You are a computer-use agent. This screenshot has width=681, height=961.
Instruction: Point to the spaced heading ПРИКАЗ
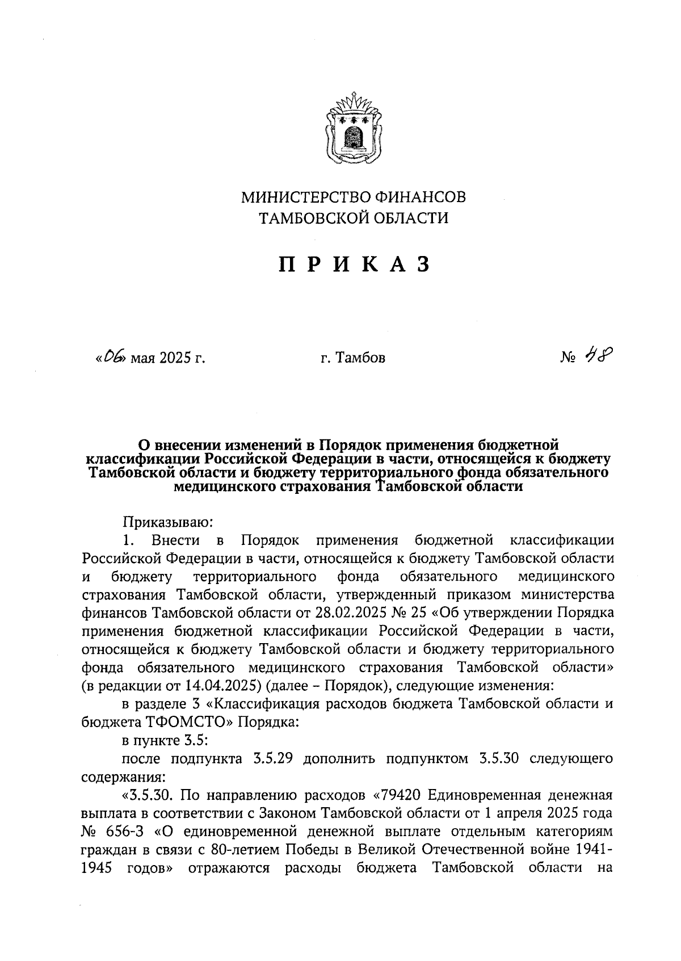354,265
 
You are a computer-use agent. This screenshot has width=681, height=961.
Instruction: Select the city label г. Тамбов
352,358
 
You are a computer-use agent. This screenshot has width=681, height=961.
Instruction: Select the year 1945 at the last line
97,868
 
